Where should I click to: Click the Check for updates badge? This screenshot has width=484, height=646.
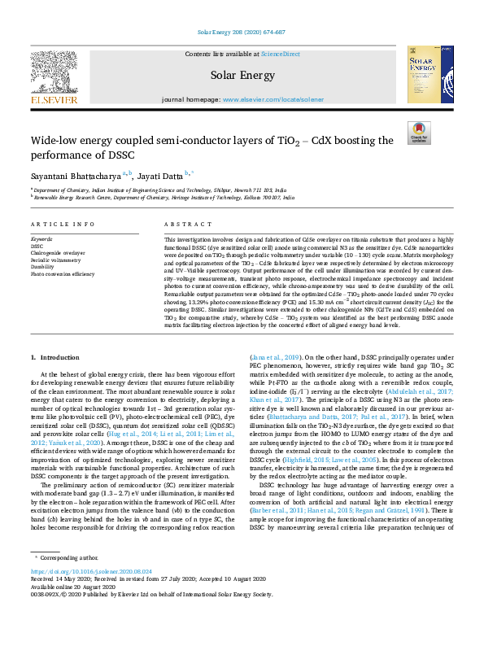point(418,133)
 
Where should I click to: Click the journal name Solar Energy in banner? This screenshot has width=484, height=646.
point(242,75)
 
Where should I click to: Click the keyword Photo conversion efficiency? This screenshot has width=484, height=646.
point(62,273)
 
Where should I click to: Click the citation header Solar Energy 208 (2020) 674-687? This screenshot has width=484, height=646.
point(242,33)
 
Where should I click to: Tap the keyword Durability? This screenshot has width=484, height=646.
point(44,266)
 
